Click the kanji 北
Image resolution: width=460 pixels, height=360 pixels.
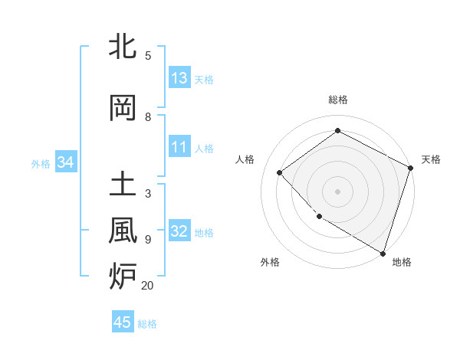[x=123, y=47]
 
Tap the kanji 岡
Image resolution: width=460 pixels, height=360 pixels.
[x=123, y=108]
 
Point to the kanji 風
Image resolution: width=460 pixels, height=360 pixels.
[x=123, y=231]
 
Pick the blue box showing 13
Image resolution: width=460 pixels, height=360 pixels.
[x=179, y=77]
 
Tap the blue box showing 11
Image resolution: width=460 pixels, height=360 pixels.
[x=179, y=147]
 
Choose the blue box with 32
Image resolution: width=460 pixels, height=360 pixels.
[x=179, y=231]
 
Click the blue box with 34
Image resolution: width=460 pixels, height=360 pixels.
[x=65, y=162]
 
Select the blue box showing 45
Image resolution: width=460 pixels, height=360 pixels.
[x=123, y=322]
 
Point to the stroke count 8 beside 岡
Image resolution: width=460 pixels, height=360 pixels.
[x=148, y=117]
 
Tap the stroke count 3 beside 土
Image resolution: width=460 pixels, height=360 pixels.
[x=148, y=194]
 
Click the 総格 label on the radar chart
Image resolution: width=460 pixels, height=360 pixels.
[x=337, y=100]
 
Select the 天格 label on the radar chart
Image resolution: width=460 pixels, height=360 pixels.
[x=431, y=159]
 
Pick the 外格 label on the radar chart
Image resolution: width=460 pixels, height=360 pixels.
[x=270, y=262]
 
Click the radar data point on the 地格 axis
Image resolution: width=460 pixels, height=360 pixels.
[x=383, y=252]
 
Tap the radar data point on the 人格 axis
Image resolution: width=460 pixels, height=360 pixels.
[x=280, y=172]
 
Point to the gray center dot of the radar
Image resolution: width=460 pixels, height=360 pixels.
[x=337, y=191]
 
